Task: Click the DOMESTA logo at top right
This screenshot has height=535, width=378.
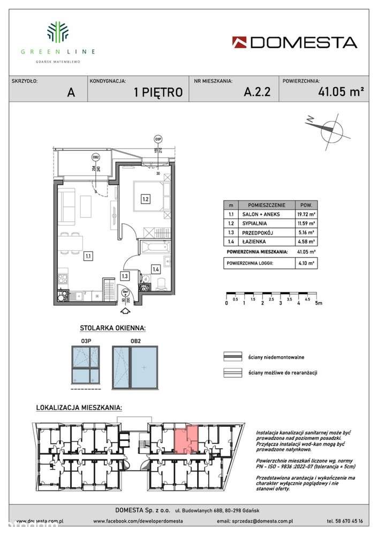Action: tap(294, 42)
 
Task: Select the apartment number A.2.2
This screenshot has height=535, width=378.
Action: tap(256, 92)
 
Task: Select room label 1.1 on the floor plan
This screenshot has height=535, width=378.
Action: tap(87, 256)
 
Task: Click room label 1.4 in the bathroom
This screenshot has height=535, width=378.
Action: tap(155, 269)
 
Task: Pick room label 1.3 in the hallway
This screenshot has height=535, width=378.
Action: tap(124, 276)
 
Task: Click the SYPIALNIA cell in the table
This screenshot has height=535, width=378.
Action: tap(264, 223)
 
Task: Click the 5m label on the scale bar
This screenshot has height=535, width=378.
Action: tap(320, 303)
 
